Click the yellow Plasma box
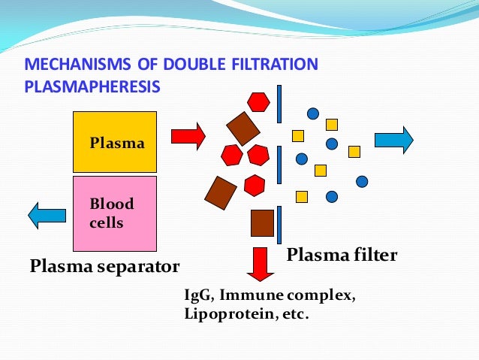coord(114,142)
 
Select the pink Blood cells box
coord(114,213)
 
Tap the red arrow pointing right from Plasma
coord(188,136)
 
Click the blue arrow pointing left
coord(47,216)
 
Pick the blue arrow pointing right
coord(393,141)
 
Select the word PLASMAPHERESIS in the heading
coord(92,87)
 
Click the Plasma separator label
coord(104,266)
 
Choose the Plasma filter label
coord(342,256)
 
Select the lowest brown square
coord(262,222)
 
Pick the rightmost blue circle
coord(362,181)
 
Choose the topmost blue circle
coord(313,113)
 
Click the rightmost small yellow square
coord(354,151)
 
